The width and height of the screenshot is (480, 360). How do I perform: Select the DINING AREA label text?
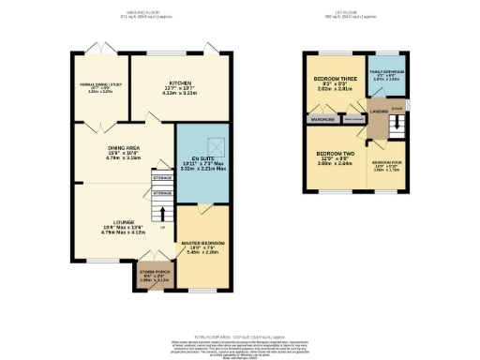(x=125, y=154)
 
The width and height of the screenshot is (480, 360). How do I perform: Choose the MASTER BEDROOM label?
(x=202, y=244)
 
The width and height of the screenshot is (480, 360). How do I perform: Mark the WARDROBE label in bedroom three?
(x=322, y=120)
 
